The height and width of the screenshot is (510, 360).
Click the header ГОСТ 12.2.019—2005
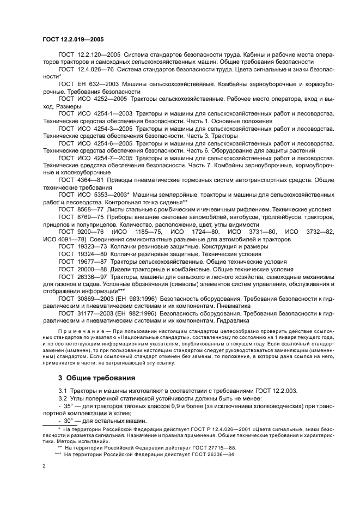click(73, 39)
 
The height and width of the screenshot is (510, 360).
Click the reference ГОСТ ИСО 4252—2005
click(91, 100)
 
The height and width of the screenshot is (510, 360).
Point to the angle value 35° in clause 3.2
click(70, 406)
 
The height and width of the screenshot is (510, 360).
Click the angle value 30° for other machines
click(70, 421)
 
